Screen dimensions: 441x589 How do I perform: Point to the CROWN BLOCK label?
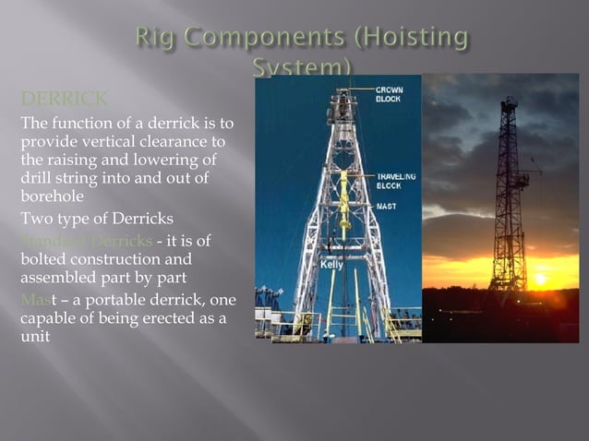coord(389,93)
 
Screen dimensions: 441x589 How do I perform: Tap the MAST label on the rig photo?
coord(386,207)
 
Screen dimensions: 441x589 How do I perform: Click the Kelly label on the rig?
coord(331,265)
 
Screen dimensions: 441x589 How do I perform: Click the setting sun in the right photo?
coord(539,279)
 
